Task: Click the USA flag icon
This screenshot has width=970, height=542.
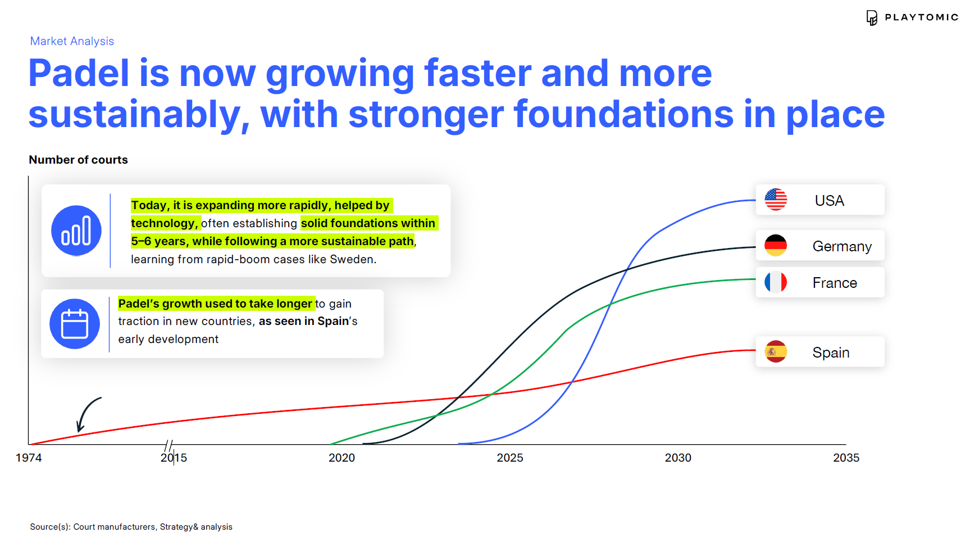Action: point(776,200)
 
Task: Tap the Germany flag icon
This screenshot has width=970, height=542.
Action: point(776,246)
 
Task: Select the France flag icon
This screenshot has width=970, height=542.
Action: point(776,282)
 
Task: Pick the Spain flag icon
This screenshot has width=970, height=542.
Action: point(776,352)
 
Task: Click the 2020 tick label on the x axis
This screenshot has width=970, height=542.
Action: point(341,458)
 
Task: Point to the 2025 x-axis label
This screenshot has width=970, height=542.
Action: point(510,458)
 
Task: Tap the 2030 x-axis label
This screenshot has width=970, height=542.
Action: point(678,458)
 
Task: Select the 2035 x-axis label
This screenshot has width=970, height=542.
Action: point(846,458)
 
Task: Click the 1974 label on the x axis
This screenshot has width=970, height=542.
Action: point(29,458)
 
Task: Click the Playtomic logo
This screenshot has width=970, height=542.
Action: point(912,17)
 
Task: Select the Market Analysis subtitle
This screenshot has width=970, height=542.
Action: point(72,41)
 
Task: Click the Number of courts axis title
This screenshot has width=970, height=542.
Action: point(78,160)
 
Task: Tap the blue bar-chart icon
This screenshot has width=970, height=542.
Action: point(76,231)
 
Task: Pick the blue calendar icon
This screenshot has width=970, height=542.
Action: point(75,324)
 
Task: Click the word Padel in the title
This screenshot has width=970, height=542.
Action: point(79,74)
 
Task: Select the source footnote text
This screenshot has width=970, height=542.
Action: point(131,527)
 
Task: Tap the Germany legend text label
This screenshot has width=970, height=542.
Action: point(842,246)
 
